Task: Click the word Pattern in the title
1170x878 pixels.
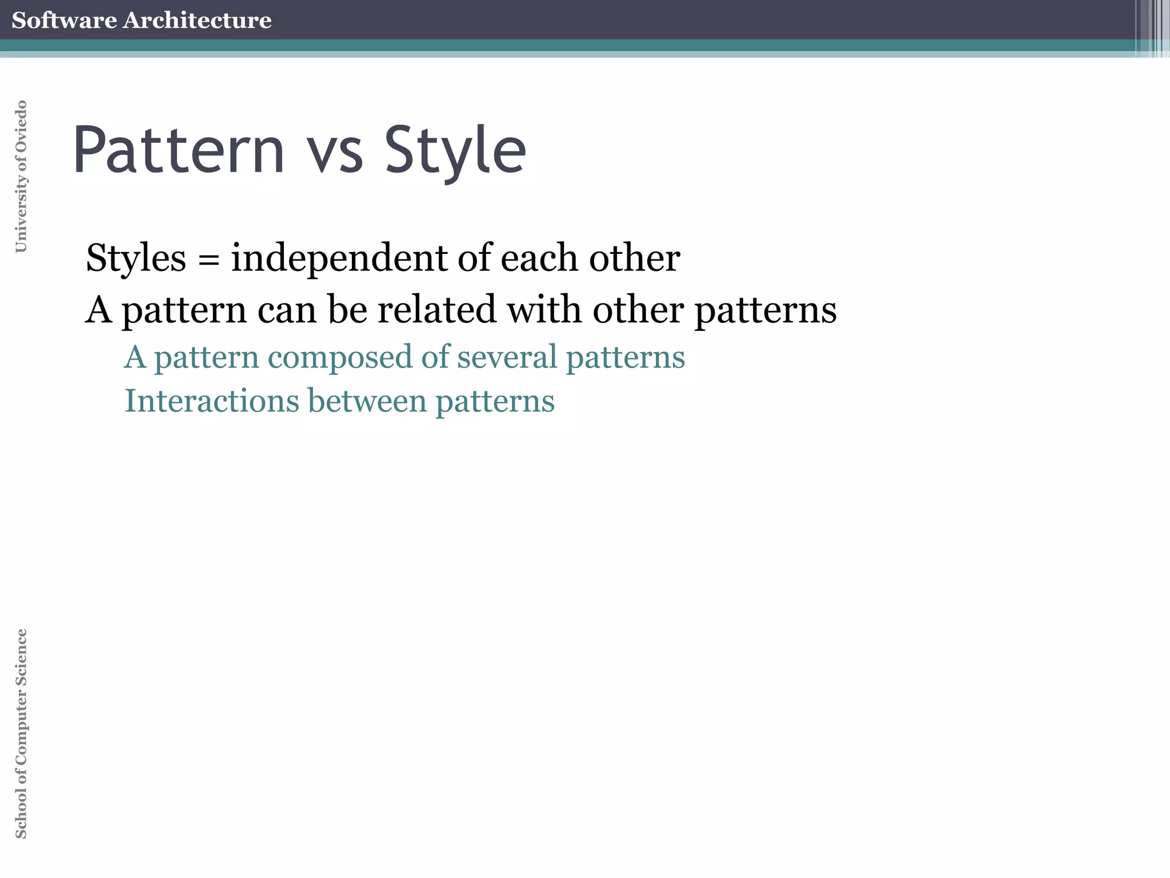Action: point(178,150)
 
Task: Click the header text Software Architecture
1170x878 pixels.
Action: point(141,20)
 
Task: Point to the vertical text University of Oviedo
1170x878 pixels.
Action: point(21,176)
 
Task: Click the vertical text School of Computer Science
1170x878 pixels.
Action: point(21,733)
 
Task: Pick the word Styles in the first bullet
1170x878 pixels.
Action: point(136,258)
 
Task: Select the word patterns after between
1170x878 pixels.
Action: point(495,402)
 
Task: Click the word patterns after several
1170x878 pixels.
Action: point(625,358)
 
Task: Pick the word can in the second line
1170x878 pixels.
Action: point(287,310)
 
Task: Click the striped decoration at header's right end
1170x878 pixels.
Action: point(1152,28)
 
